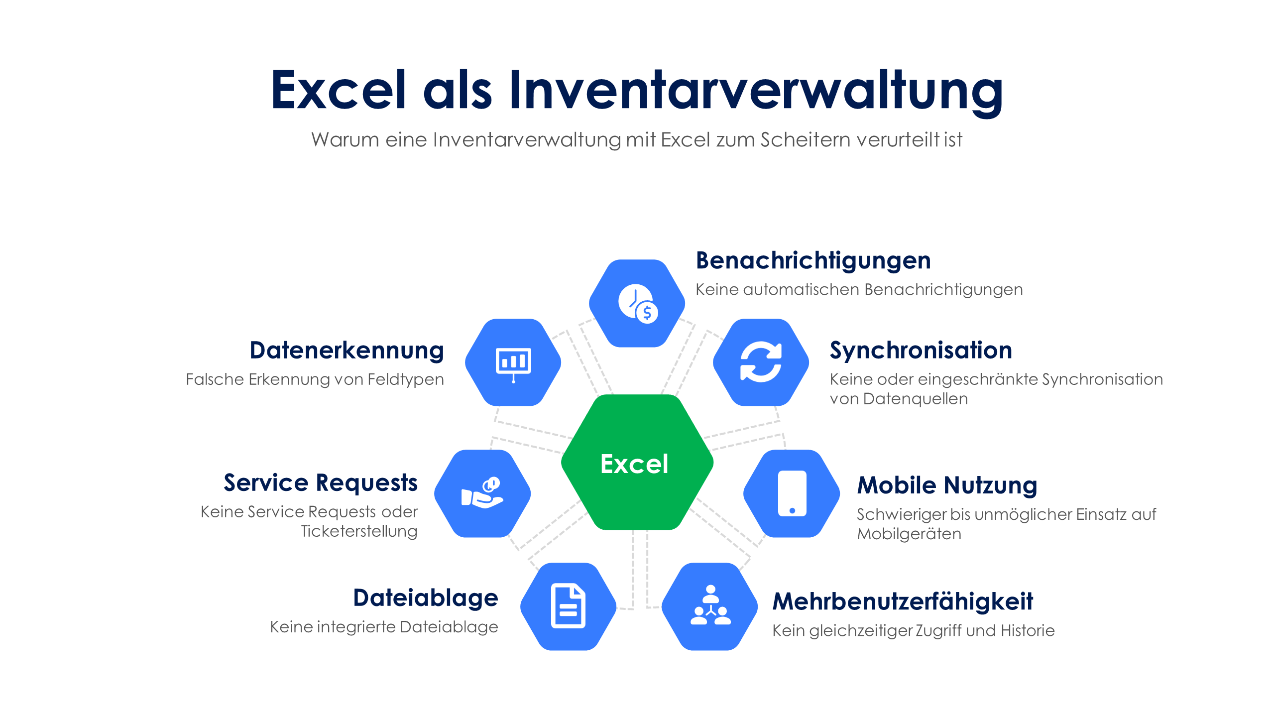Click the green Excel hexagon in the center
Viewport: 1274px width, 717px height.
pyautogui.click(x=637, y=463)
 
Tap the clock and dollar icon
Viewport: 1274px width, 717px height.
pyautogui.click(x=638, y=304)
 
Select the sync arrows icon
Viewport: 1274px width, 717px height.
pyautogui.click(x=761, y=362)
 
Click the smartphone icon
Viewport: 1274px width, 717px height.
pyautogui.click(x=792, y=493)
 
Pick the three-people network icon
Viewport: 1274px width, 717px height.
pyautogui.click(x=710, y=605)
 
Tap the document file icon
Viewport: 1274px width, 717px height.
pyautogui.click(x=568, y=605)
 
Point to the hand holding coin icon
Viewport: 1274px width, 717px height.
pyautogui.click(x=481, y=493)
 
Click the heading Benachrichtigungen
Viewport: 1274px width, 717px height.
pyautogui.click(x=813, y=261)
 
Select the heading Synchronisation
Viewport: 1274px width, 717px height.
pyautogui.click(x=921, y=351)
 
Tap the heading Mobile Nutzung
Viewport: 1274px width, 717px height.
pyautogui.click(x=947, y=485)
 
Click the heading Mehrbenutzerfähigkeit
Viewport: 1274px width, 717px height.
pyautogui.click(x=903, y=601)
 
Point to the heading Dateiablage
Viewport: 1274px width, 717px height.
pyautogui.click(x=426, y=598)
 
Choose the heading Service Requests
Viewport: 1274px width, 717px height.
pyautogui.click(x=321, y=483)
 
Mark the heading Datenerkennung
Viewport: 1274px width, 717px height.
pyautogui.click(x=347, y=351)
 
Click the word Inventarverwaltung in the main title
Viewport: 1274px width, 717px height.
pyautogui.click(x=756, y=91)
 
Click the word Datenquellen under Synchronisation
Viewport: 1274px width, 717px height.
pyautogui.click(x=916, y=399)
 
